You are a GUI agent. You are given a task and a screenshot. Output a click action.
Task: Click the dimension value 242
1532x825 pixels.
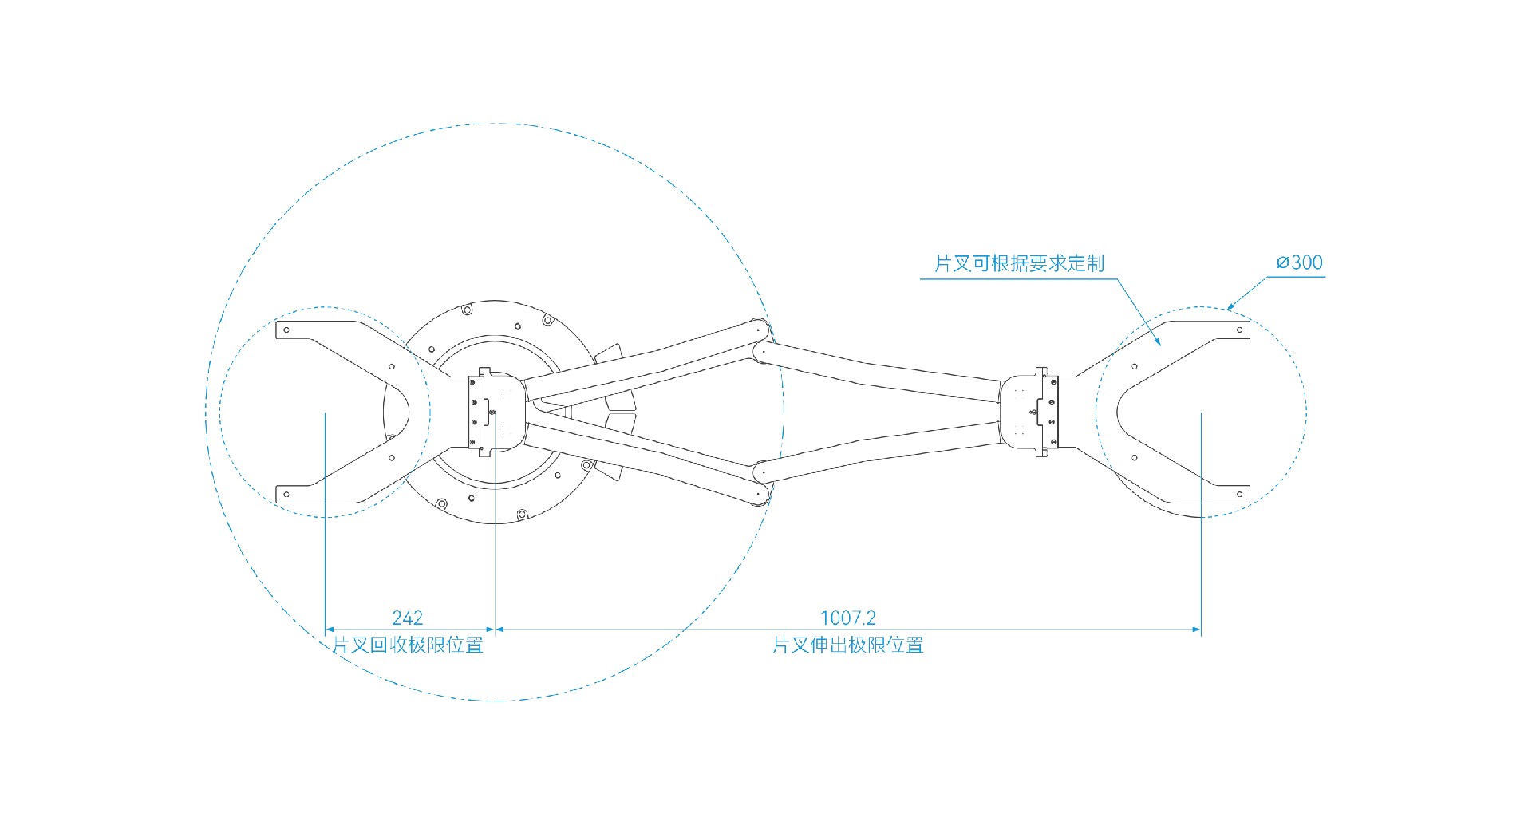click(x=407, y=618)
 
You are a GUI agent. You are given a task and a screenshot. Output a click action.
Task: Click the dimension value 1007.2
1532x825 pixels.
click(x=847, y=618)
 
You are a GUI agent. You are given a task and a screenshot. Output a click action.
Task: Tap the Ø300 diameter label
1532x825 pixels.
click(x=1299, y=262)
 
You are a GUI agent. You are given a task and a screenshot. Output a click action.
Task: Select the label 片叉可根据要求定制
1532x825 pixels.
click(x=1019, y=263)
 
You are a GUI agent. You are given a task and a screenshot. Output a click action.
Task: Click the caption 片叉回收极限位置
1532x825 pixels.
click(x=408, y=645)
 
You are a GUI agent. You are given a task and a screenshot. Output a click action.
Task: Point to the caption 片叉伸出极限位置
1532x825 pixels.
click(x=847, y=645)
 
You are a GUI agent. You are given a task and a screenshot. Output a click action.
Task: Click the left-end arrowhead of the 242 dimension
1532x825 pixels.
click(x=330, y=630)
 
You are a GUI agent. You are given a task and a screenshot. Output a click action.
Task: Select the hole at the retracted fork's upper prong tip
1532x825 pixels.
click(x=286, y=330)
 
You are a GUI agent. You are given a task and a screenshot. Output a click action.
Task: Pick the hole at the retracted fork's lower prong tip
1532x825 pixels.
click(x=286, y=495)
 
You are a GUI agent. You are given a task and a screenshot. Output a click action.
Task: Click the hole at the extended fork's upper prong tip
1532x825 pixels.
click(x=1239, y=330)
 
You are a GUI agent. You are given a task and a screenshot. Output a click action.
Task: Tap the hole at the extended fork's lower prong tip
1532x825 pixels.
click(x=1239, y=495)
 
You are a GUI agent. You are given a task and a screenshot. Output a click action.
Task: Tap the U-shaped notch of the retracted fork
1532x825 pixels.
click(x=399, y=412)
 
